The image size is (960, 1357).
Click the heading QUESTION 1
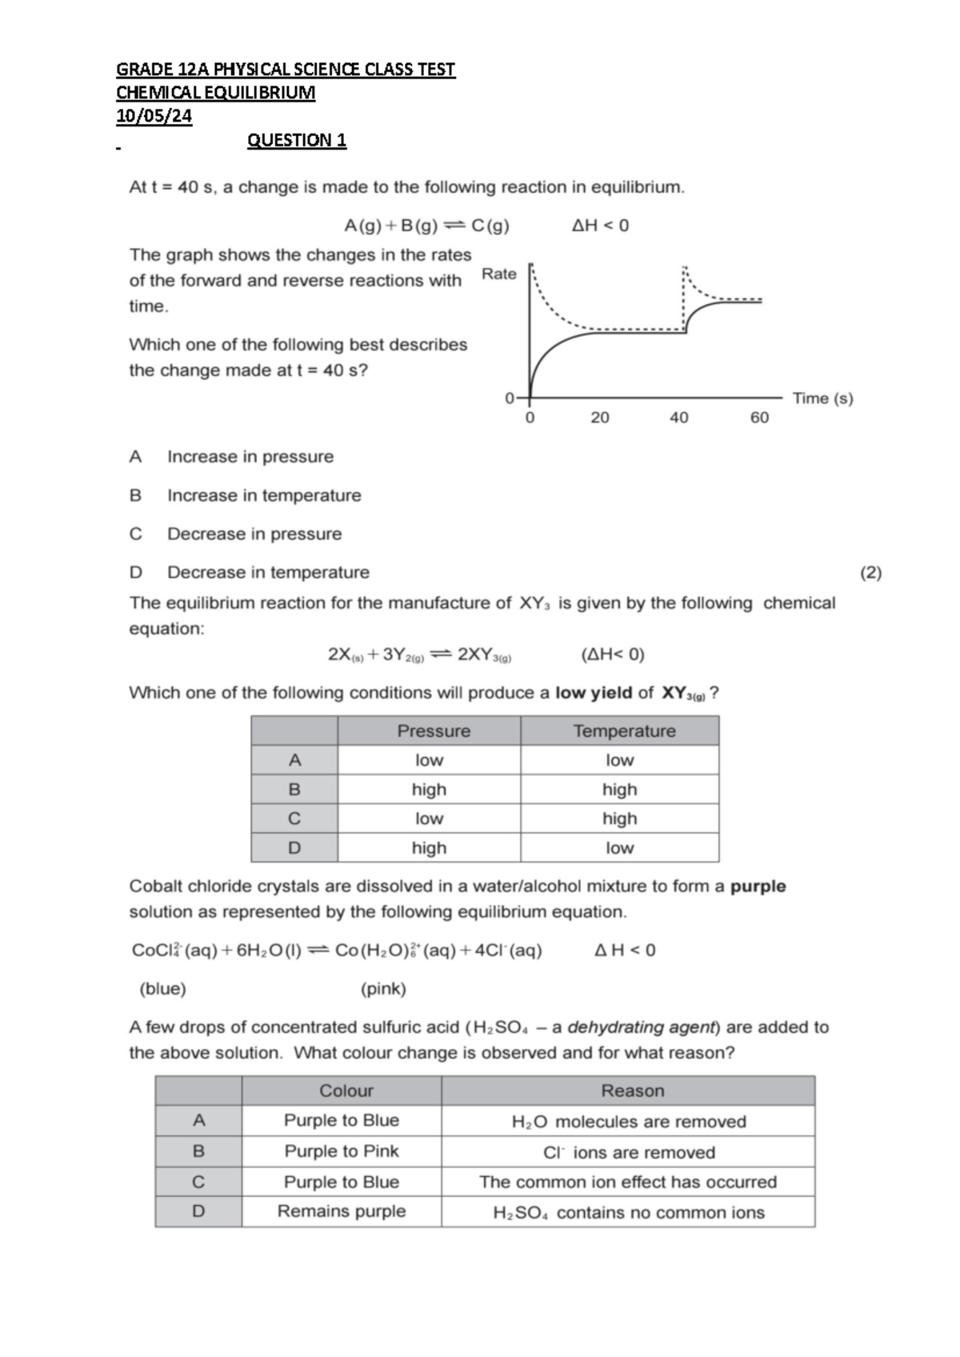(297, 140)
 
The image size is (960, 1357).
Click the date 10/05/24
(154, 116)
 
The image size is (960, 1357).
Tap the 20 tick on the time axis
(600, 417)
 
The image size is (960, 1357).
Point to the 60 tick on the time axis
(759, 417)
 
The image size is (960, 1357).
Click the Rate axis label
(499, 274)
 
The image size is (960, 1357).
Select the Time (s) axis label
(822, 398)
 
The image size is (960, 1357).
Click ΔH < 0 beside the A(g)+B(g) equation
(601, 226)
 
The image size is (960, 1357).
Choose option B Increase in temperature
(263, 495)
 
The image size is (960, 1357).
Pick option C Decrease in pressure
(254, 534)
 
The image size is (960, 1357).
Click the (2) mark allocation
(870, 572)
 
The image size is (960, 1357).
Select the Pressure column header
(434, 731)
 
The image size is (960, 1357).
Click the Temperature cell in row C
(619, 819)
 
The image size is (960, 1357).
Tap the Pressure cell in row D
(429, 847)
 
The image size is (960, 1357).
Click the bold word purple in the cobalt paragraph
(758, 886)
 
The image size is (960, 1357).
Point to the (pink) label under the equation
(383, 989)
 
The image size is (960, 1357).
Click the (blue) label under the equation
(162, 989)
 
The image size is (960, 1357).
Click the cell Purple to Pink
(342, 1151)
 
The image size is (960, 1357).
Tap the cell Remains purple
(342, 1211)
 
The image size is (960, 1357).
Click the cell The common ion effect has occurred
(628, 1182)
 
